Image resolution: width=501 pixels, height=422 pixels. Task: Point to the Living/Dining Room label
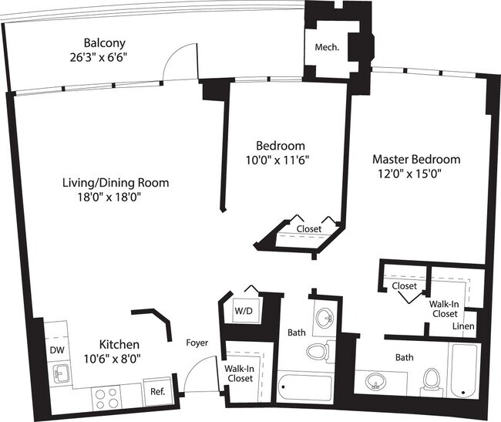click(116, 183)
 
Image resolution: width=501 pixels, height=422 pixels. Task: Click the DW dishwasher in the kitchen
click(58, 349)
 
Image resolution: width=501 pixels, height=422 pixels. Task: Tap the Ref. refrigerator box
click(159, 392)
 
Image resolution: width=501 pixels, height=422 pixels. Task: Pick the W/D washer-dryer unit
click(242, 311)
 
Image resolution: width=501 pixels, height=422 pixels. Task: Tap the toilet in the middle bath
click(318, 352)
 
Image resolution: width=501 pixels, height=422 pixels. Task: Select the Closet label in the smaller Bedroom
click(309, 229)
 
